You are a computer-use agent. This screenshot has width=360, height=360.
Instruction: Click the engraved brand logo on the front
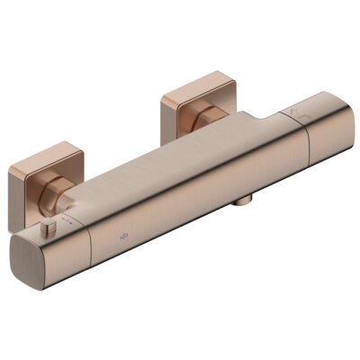click(x=123, y=238)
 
